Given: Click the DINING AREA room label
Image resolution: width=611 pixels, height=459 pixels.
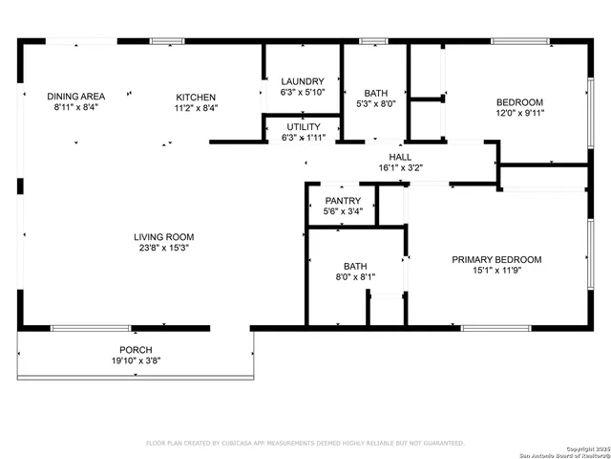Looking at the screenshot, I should click(76, 97).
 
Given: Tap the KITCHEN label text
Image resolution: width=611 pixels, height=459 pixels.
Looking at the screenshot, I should click(196, 98).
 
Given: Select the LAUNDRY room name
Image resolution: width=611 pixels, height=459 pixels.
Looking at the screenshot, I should click(303, 81).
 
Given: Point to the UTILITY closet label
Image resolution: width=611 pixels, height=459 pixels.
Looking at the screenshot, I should click(304, 126).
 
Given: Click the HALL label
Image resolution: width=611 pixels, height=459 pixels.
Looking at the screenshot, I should click(400, 157).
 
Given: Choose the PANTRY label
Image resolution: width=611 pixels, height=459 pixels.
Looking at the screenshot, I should click(342, 200).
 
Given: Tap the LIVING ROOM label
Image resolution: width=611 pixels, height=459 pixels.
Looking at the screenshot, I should click(163, 237).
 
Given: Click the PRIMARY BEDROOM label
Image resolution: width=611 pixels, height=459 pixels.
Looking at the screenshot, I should click(496, 259).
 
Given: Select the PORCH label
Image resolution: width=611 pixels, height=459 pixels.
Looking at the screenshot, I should click(136, 350).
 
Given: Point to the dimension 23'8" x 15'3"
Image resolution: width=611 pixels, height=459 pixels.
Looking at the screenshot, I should click(163, 248).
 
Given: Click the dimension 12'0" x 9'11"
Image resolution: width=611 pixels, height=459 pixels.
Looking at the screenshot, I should click(518, 113).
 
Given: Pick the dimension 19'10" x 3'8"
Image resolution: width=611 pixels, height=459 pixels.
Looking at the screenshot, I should click(136, 361).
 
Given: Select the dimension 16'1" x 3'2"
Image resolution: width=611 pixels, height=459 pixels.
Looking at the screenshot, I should click(400, 167).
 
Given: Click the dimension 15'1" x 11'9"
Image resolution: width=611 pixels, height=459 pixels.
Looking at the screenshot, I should click(496, 271).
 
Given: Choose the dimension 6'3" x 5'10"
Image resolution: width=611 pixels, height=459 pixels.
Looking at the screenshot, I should click(303, 92).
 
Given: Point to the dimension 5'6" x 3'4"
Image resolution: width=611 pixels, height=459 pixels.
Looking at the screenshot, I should click(342, 210).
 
